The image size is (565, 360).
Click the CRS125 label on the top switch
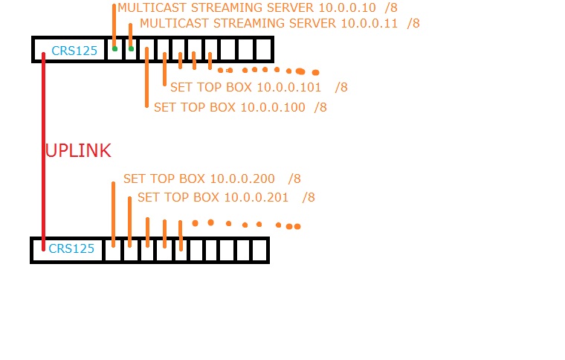[74, 51]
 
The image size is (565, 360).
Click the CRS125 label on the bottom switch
[71, 249]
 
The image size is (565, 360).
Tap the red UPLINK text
[78, 151]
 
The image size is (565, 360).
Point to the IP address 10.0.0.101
[288, 88]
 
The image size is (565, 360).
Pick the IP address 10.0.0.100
[272, 108]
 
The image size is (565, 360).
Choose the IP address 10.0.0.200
[242, 179]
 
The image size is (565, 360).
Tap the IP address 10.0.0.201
[256, 198]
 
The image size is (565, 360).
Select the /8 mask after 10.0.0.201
[308, 198]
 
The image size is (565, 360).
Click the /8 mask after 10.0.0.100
[320, 108]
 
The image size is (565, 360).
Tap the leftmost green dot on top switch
[114, 49]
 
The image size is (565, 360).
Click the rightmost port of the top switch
[263, 50]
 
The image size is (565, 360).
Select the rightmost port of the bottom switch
[259, 250]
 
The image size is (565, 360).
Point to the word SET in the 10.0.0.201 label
[148, 198]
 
